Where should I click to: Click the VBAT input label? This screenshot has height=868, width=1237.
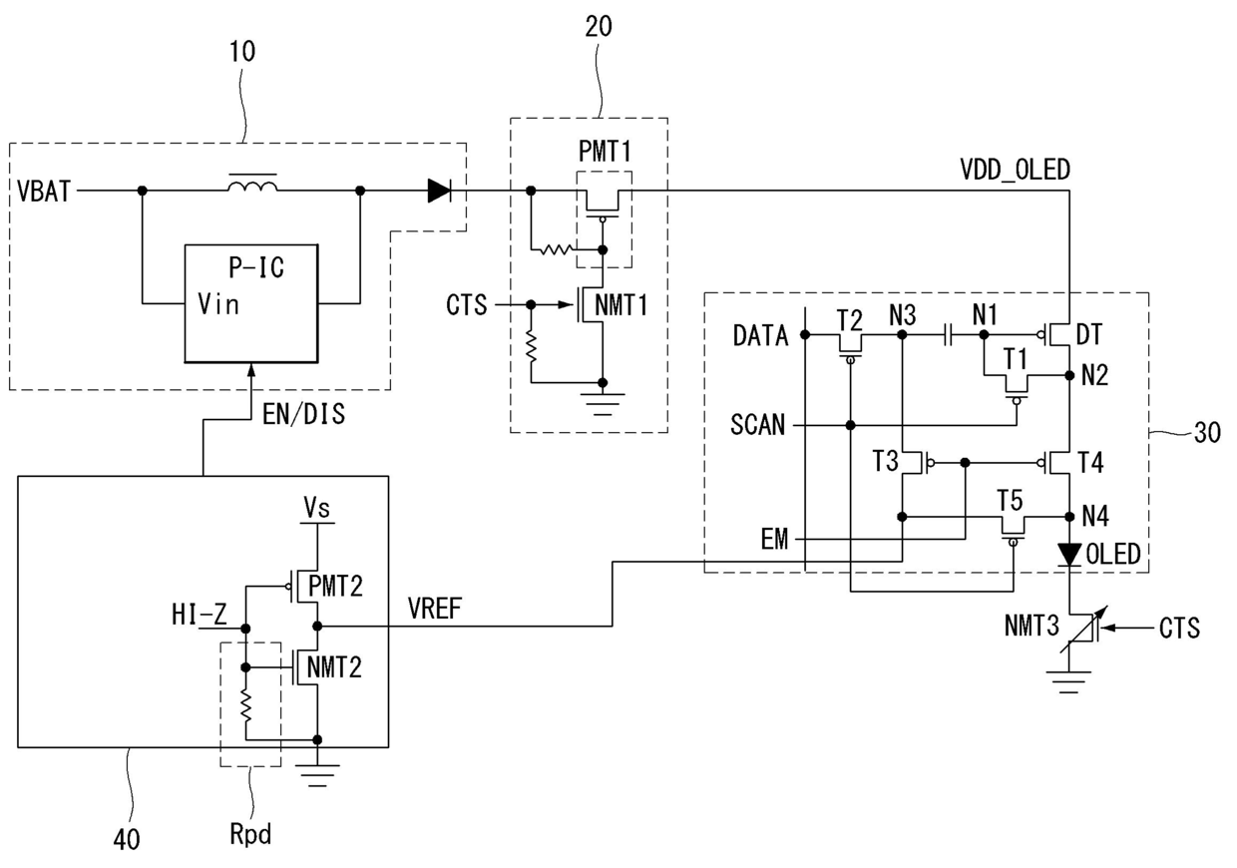(x=44, y=192)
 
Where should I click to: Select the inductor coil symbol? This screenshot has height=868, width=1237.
(x=252, y=184)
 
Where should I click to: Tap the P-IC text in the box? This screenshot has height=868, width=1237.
(x=256, y=267)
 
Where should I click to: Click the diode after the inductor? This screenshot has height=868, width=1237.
(x=440, y=191)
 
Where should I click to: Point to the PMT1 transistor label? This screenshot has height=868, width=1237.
(x=605, y=151)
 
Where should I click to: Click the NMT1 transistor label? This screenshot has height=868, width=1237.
(x=620, y=304)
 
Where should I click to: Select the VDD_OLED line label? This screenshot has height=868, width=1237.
(x=1015, y=170)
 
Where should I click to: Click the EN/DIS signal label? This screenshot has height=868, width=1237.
(x=303, y=414)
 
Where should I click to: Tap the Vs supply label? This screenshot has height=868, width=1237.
(x=317, y=507)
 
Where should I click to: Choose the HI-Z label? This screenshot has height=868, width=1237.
(x=199, y=614)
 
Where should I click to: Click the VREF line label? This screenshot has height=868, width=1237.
(x=435, y=609)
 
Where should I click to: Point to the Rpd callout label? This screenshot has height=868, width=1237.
(x=250, y=834)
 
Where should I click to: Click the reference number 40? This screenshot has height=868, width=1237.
(x=127, y=839)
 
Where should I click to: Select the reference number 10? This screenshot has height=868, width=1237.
(x=242, y=51)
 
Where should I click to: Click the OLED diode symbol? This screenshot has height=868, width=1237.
(x=1069, y=555)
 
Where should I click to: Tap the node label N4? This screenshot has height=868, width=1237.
(x=1095, y=517)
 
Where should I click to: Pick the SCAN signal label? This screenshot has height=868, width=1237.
(x=758, y=425)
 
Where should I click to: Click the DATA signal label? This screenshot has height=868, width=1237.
(x=760, y=335)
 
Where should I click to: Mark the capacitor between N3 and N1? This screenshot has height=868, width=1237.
(x=948, y=334)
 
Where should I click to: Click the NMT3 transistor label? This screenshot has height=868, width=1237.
(x=1031, y=627)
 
